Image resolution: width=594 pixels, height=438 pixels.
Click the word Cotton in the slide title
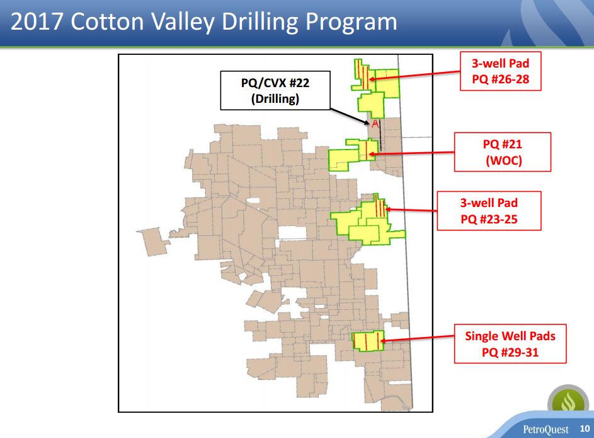click(x=108, y=21)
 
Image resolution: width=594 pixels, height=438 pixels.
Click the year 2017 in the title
click(x=37, y=21)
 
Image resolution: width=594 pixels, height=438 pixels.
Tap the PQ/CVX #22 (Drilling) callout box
click(x=275, y=90)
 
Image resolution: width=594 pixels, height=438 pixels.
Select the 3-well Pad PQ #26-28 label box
click(x=500, y=71)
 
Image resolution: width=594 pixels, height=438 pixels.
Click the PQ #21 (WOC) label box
click(x=503, y=152)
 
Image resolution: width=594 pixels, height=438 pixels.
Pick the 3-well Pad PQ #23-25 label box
click(x=489, y=211)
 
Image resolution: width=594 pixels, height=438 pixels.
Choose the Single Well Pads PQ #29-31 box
click(x=510, y=344)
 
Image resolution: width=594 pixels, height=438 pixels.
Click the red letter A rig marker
click(x=375, y=124)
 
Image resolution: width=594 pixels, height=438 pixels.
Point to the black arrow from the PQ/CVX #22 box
click(x=349, y=117)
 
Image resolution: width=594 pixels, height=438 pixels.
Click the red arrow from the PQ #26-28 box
click(x=414, y=75)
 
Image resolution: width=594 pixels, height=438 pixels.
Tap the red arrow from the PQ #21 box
click(x=411, y=153)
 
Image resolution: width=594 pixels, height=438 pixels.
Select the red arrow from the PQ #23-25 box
click(x=411, y=210)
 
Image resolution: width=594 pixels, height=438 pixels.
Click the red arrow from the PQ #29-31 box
click(x=417, y=338)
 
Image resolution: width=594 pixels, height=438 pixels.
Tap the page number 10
click(x=585, y=429)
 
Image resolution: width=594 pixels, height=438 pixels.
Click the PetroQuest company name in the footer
click(x=545, y=429)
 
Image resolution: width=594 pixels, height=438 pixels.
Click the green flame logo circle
click(x=568, y=400)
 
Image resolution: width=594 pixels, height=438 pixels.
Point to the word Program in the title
click(x=351, y=22)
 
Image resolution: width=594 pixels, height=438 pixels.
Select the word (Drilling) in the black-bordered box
click(x=275, y=98)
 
